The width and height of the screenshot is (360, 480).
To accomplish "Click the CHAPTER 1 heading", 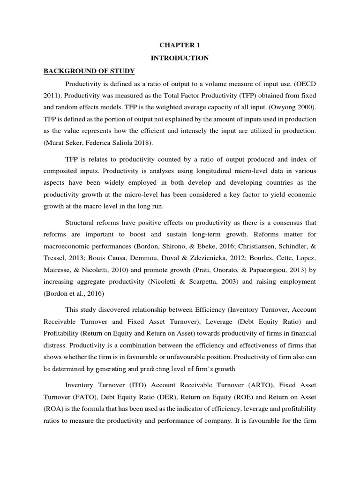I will [180, 45].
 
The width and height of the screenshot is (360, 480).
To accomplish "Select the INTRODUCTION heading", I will [180, 58].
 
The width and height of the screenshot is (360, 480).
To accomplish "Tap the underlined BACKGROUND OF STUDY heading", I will [89, 71].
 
